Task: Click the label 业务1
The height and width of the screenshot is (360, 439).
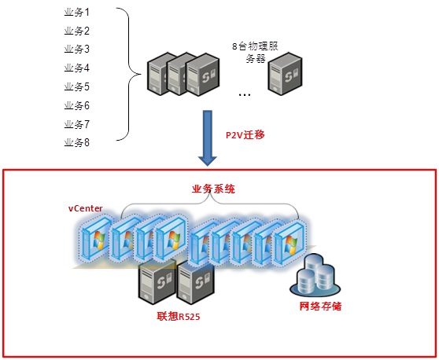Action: pos(77,13)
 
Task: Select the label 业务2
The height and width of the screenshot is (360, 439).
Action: pos(77,31)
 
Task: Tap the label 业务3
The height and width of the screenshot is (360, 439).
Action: pos(77,50)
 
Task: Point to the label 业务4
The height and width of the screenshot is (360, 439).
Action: pos(77,68)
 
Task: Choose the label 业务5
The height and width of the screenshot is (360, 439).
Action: pos(77,86)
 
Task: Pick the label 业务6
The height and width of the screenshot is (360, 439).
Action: pos(77,105)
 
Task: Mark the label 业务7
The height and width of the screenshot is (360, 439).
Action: pos(77,124)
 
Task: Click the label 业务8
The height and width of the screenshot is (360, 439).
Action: pos(77,142)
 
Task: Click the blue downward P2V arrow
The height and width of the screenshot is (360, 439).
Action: pos(208,138)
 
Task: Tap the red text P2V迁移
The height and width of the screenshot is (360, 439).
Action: pos(245,135)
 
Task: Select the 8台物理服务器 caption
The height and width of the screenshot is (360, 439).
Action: pos(255,53)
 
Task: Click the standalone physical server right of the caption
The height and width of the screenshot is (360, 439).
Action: pos(285,74)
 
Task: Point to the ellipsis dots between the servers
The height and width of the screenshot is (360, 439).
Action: pos(245,95)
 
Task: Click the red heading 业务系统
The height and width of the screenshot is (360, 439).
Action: pos(213,189)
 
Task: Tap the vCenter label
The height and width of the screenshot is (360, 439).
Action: pos(86,208)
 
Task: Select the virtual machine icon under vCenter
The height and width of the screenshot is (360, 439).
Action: pos(94,237)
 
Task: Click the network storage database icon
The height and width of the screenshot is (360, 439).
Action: pos(315,275)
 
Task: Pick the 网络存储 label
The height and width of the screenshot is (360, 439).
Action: pos(320,307)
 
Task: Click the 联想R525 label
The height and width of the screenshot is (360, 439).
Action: pos(179,316)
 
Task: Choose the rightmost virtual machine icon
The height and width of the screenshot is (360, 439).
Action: pos(290,243)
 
